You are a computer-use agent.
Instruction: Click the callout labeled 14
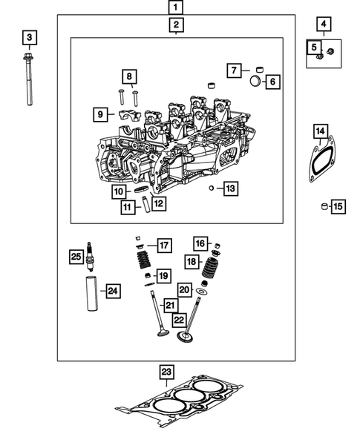pos(320,133)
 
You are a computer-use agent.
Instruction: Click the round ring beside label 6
pos(254,80)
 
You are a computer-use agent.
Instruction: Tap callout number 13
pos(229,189)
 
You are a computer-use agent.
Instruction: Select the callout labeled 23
pos(166,372)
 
